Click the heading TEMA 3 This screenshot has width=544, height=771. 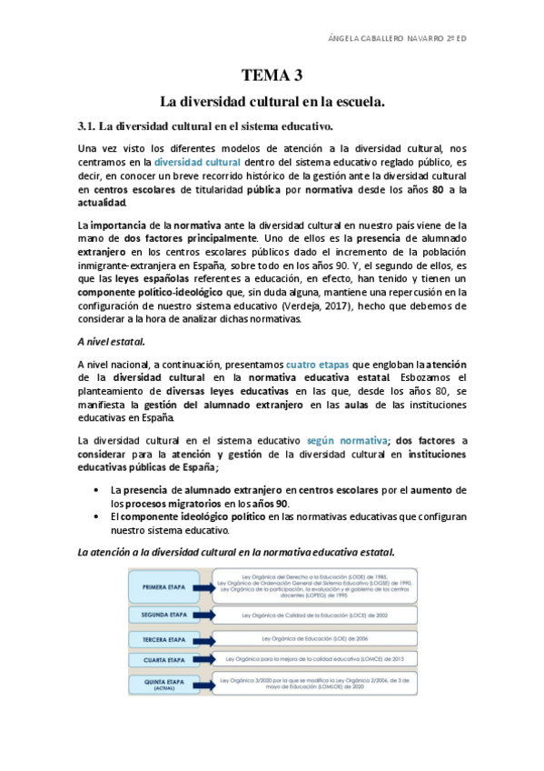point(272,75)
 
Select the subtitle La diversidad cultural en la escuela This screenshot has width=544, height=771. point(272,102)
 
